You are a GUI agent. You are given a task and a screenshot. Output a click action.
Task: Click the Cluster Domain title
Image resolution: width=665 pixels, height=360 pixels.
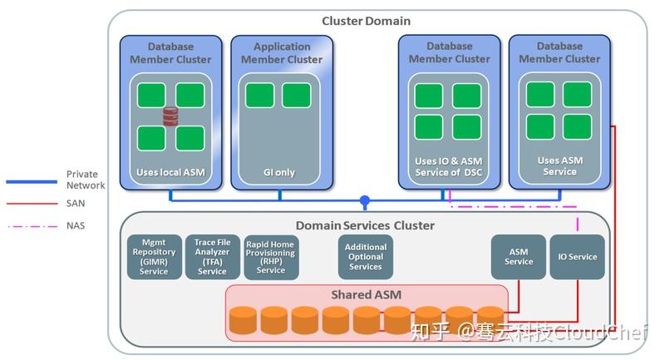point(366,20)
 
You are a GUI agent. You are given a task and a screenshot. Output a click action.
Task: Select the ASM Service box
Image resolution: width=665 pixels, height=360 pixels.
point(519,257)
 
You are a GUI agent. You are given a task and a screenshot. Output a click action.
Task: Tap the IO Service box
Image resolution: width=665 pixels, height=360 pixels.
point(577,257)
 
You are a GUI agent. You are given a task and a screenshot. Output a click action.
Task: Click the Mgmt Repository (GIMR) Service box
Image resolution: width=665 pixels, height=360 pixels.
point(154,257)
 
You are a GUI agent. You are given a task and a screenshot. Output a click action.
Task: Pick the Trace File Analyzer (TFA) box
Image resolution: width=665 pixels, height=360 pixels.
point(211,257)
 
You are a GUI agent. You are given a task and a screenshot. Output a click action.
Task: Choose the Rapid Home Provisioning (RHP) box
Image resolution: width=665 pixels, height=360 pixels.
point(270,257)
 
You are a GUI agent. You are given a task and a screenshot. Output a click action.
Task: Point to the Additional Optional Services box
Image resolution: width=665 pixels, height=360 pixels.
point(366,257)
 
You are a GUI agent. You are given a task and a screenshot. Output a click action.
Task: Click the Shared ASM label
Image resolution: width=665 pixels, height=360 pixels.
point(366,294)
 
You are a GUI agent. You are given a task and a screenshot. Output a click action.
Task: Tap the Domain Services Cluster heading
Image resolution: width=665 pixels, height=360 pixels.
point(365,225)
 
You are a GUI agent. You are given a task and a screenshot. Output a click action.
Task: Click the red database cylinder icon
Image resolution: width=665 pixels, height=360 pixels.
point(170,116)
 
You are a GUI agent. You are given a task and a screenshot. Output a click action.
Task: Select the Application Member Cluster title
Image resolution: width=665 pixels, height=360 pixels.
point(282,53)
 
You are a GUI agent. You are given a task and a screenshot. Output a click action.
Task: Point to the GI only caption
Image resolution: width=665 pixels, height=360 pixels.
point(280,173)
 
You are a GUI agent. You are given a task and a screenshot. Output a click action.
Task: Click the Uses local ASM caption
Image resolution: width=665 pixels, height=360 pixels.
point(170,173)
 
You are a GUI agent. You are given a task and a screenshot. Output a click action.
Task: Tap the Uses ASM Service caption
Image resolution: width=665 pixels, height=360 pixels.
point(559,166)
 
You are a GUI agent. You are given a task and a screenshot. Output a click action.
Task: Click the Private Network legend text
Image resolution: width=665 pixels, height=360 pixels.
point(86,180)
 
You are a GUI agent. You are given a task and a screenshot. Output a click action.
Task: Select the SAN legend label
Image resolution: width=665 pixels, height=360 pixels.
point(76,203)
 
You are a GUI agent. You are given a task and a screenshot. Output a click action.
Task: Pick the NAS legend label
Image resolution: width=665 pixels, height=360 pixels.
point(76,225)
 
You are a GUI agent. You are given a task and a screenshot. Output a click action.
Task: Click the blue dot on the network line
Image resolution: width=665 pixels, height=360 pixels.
point(364,201)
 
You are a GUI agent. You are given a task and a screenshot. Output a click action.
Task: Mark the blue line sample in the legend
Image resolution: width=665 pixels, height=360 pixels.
point(31,181)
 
